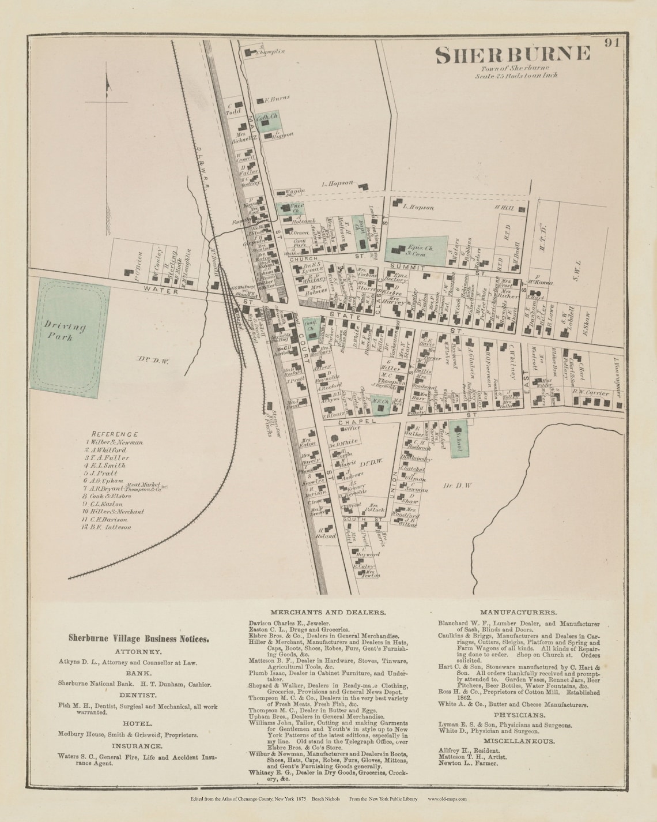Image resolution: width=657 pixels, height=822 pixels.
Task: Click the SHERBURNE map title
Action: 512,54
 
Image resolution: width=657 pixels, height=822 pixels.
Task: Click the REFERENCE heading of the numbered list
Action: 115,433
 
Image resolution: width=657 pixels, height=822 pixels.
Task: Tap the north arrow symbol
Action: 107,87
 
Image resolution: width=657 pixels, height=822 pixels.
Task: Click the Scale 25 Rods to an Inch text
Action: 516,75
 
